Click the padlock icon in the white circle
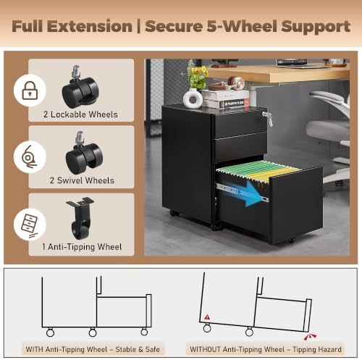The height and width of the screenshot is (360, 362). (x=30, y=91)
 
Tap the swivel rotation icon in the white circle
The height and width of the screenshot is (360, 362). (x=29, y=156)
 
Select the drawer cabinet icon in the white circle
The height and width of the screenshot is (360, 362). (x=30, y=225)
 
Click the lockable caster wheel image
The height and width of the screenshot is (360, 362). (x=80, y=87)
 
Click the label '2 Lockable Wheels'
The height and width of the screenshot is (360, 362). (x=80, y=114)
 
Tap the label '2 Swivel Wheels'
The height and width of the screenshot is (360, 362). (x=82, y=180)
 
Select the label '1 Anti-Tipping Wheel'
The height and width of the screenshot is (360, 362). (x=82, y=247)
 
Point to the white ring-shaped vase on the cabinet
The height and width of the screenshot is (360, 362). (x=193, y=99)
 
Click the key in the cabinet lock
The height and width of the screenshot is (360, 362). (x=269, y=119)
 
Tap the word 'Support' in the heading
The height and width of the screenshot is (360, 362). (x=316, y=27)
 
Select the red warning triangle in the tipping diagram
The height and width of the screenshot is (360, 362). (x=207, y=317)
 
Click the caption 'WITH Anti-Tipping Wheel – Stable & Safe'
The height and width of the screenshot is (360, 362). (x=93, y=349)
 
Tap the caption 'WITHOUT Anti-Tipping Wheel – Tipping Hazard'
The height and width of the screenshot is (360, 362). (x=266, y=349)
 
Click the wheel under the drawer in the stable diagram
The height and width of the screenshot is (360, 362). (x=144, y=332)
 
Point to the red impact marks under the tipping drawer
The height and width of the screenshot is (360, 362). (x=310, y=337)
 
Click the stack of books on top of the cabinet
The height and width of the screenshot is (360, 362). (x=225, y=99)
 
